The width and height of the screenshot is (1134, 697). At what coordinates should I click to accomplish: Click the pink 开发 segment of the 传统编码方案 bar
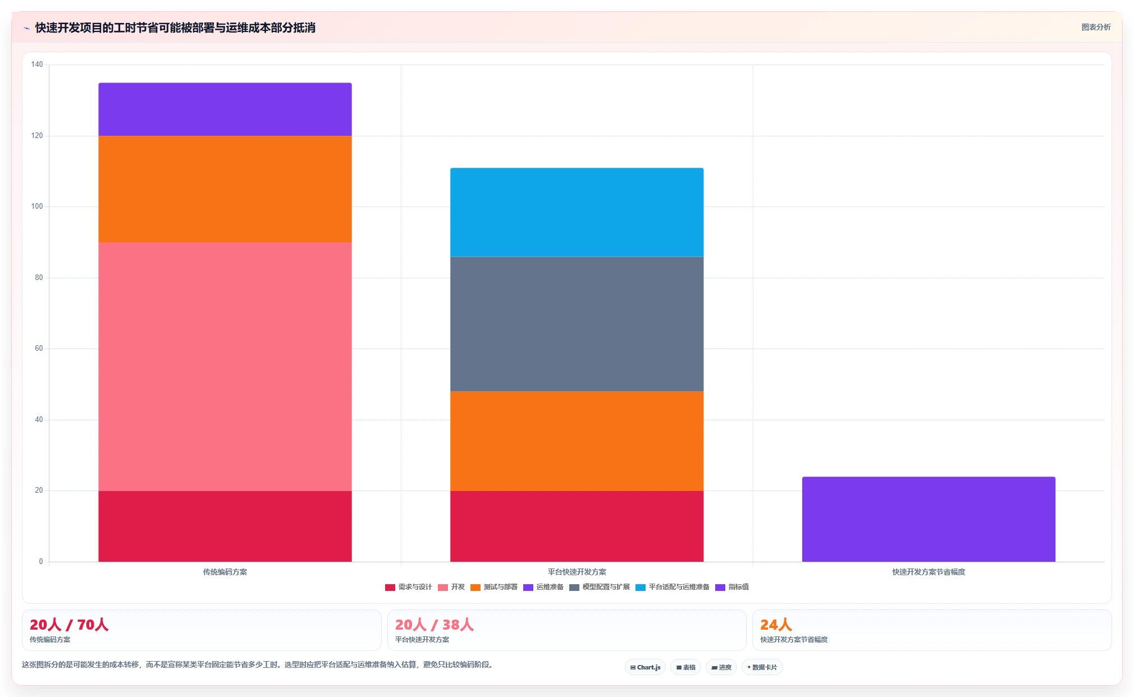tap(225, 366)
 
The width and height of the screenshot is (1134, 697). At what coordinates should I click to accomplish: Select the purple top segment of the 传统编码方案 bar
tap(225, 109)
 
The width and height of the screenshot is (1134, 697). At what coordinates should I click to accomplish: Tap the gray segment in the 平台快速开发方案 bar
tap(577, 324)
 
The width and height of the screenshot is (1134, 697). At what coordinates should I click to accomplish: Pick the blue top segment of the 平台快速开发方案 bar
tap(577, 212)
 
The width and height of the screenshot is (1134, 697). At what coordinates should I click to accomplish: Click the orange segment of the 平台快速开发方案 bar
tap(577, 441)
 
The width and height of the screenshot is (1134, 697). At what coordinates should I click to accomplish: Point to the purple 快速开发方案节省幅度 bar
tap(929, 519)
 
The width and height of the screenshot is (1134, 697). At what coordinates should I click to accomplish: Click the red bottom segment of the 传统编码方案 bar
tap(225, 526)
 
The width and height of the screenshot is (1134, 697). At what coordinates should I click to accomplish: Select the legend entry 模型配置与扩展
tap(600, 587)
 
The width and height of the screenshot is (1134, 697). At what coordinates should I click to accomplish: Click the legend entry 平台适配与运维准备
tap(673, 587)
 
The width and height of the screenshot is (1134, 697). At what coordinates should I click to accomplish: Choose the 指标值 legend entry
tap(732, 587)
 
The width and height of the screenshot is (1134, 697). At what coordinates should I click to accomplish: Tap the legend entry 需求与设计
tap(409, 587)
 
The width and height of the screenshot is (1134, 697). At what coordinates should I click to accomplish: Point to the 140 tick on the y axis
tap(37, 65)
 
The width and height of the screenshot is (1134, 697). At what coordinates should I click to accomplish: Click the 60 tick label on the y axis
tap(39, 349)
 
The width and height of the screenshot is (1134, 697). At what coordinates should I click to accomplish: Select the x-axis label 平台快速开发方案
tap(577, 572)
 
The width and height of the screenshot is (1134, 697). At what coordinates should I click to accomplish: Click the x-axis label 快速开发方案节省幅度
tap(929, 572)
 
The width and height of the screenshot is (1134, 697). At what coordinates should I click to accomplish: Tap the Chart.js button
tap(645, 667)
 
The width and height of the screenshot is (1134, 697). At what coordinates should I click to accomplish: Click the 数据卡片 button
tap(762, 667)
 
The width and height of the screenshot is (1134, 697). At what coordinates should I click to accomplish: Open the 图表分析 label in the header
tap(1096, 27)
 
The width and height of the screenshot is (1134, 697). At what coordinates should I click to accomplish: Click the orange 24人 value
tap(776, 625)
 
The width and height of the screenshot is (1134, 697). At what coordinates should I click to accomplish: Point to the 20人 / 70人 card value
tap(69, 625)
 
